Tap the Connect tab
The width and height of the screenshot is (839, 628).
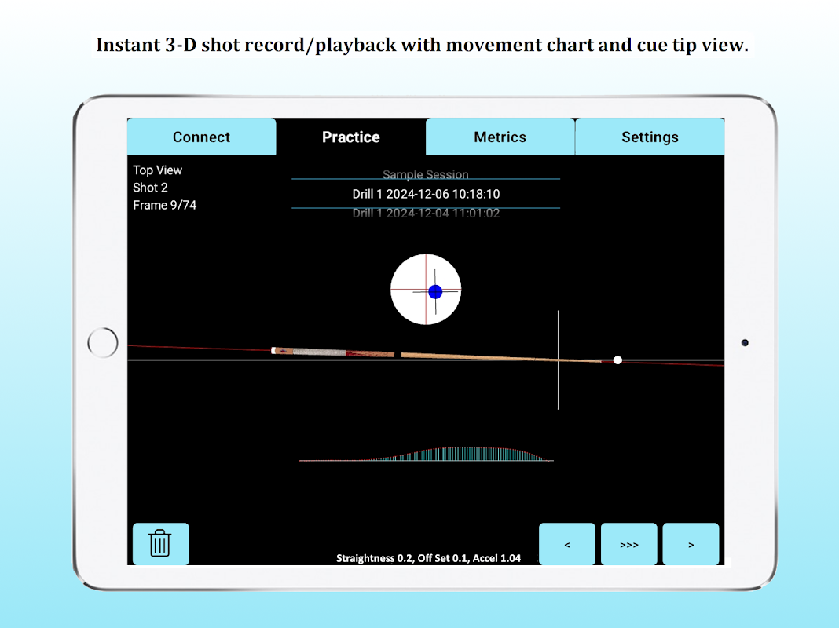click(202, 137)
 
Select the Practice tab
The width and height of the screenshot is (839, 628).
click(351, 137)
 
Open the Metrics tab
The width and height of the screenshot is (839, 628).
click(500, 137)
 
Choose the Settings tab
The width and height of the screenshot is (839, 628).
click(650, 137)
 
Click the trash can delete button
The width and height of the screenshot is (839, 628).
click(160, 543)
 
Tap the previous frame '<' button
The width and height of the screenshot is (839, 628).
click(566, 544)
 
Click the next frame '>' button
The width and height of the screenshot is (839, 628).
click(691, 544)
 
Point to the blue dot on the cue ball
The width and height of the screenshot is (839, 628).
click(435, 292)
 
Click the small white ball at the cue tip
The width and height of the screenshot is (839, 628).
click(617, 360)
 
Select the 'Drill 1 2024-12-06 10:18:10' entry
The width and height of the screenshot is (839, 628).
click(426, 194)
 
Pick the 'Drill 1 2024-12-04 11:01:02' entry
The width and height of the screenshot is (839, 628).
click(426, 214)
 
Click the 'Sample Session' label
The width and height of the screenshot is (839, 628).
click(425, 175)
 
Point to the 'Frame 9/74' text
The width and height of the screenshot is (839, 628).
click(165, 205)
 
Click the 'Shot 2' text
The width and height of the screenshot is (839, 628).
click(150, 188)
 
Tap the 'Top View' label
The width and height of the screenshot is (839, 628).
click(158, 170)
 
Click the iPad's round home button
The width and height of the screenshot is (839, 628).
click(103, 342)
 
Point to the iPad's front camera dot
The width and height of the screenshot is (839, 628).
click(745, 342)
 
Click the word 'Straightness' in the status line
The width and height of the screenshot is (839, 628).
click(366, 558)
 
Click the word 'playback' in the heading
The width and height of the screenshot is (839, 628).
click(356, 46)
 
